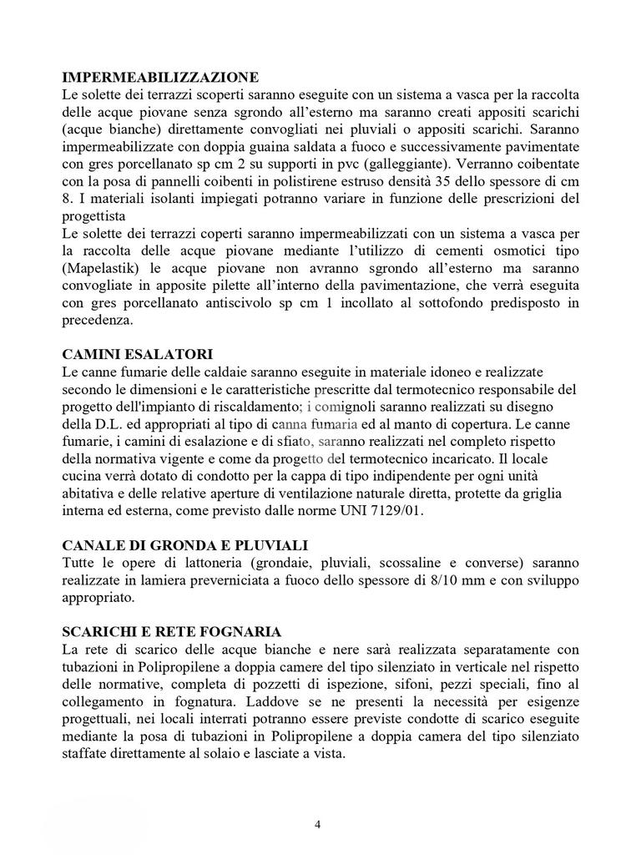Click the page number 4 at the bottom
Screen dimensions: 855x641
point(317,825)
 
